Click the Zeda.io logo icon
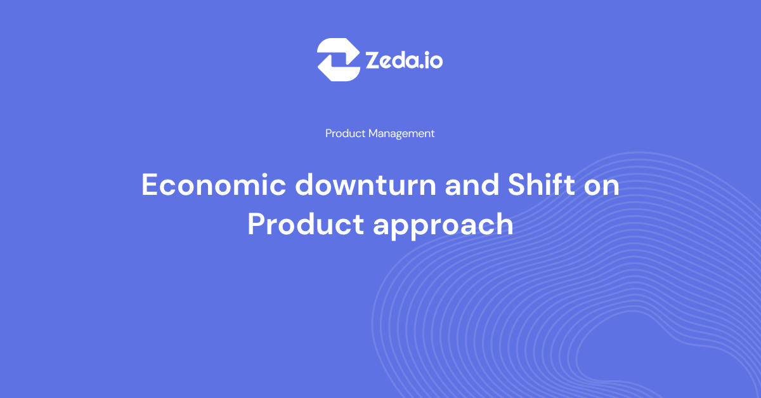pyautogui.click(x=339, y=60)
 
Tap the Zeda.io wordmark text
pyautogui.click(x=404, y=60)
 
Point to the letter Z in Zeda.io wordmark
pyautogui.click(x=374, y=60)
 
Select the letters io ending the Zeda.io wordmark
pyautogui.click(x=435, y=60)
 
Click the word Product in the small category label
pyautogui.click(x=346, y=133)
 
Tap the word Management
pyautogui.click(x=401, y=133)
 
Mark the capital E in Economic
pyautogui.click(x=150, y=185)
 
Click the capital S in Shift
pyautogui.click(x=517, y=185)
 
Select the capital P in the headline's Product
pyautogui.click(x=257, y=224)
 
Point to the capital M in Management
pyautogui.click(x=374, y=133)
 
